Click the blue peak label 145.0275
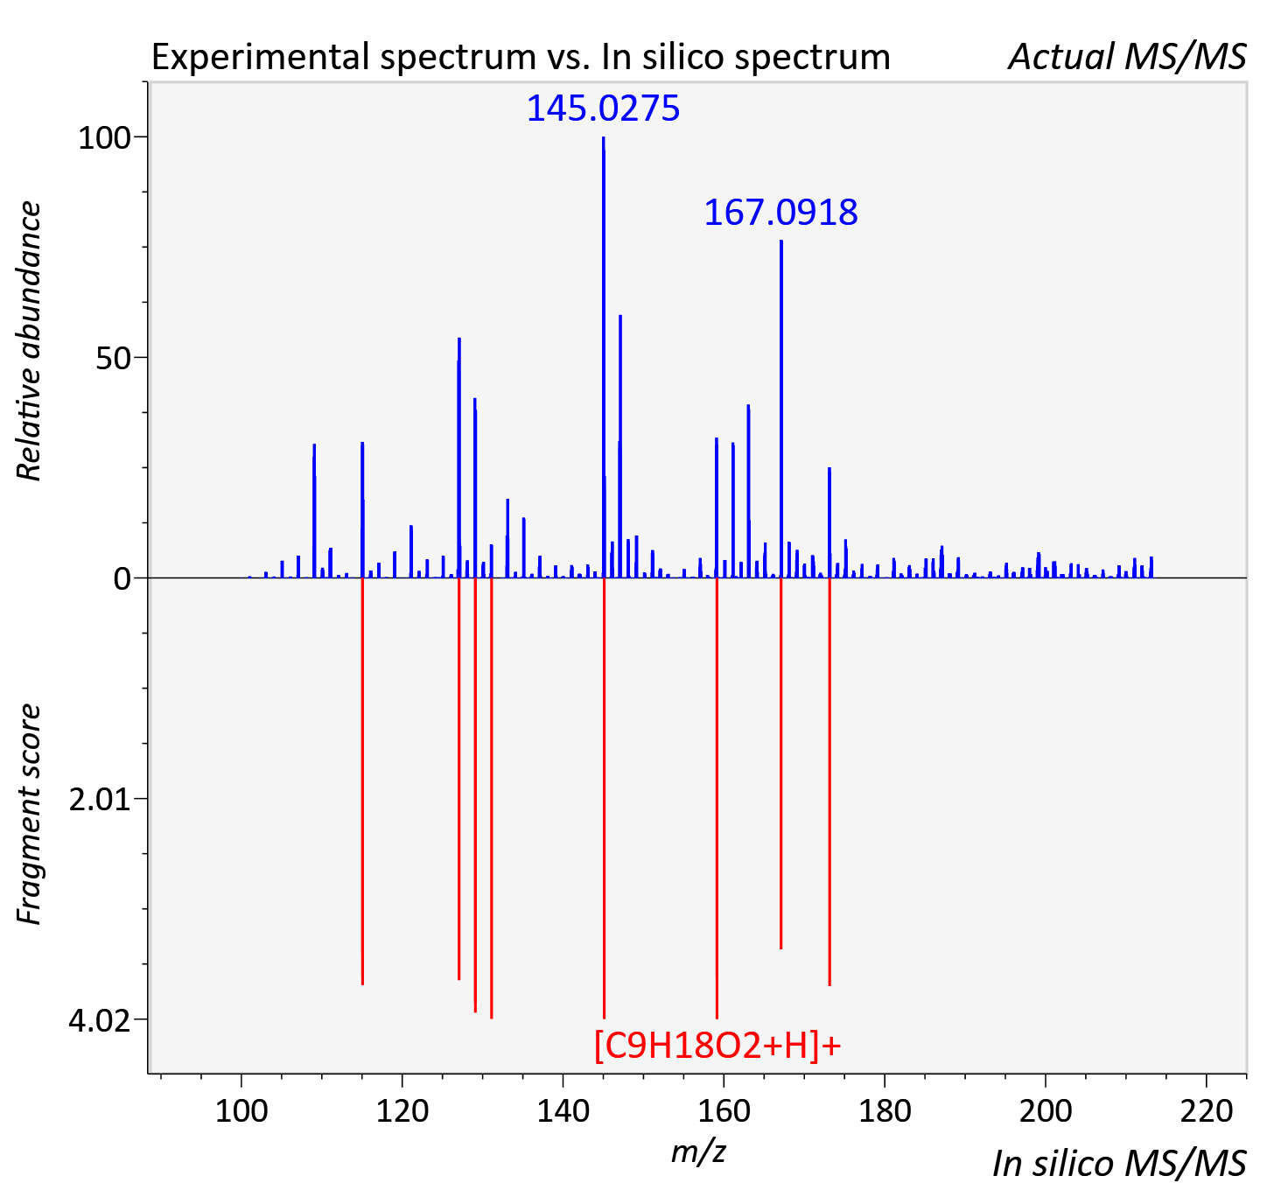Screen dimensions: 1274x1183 click(603, 108)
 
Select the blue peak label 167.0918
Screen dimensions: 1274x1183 click(780, 213)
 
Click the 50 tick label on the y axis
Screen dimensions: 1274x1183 click(113, 359)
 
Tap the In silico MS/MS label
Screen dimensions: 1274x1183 click(1119, 1164)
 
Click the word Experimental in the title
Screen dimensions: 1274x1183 click(262, 58)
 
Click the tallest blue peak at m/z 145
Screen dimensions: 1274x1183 click(604, 357)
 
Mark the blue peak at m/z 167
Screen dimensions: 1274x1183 click(780, 409)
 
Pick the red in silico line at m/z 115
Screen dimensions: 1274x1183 click(362, 781)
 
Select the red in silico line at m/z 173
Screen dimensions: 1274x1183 click(829, 781)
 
